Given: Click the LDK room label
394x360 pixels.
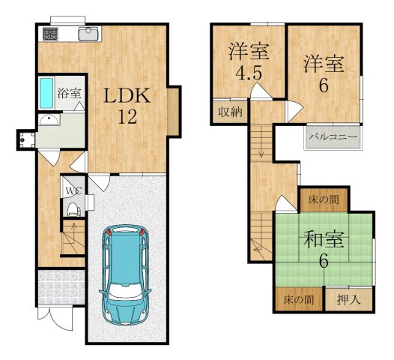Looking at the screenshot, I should [127, 96].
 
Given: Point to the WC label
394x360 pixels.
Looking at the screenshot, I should [73, 190].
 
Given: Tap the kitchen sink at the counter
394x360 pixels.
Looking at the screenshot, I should [89, 32].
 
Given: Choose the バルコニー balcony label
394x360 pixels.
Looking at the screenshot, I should [333, 137].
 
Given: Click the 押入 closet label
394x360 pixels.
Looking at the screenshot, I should [348, 299].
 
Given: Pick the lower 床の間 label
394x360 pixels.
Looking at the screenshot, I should [298, 299].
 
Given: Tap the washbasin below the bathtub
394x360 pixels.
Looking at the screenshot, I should [49, 121].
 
